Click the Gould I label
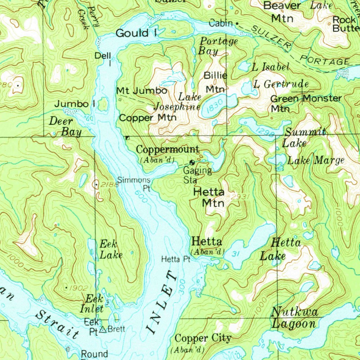(x=136, y=33)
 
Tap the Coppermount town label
(x=168, y=149)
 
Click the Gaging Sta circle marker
(x=192, y=162)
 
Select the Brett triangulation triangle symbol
(x=103, y=330)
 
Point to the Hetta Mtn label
(x=209, y=198)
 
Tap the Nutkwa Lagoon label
(x=295, y=318)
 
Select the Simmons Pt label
(x=134, y=184)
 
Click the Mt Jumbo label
(x=142, y=91)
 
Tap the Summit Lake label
(x=304, y=137)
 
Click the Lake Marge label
(x=315, y=161)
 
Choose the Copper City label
(x=203, y=339)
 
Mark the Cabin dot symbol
(x=237, y=24)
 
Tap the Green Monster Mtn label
(x=305, y=103)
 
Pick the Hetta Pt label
(x=175, y=259)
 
